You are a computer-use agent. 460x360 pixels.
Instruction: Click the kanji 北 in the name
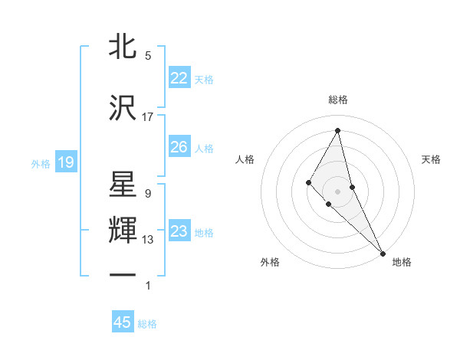(123, 47)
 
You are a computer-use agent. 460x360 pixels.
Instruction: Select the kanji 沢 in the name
(123, 109)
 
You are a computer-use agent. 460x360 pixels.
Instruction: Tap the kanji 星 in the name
(123, 186)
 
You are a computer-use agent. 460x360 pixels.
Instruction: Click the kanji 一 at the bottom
(123, 276)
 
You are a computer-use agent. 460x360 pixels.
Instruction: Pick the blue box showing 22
(179, 78)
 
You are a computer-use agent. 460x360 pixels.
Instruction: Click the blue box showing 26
(179, 147)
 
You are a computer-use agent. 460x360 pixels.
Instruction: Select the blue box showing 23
(179, 231)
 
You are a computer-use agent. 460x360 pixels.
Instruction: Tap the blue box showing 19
(65, 162)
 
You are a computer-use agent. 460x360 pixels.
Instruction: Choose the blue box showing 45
(123, 323)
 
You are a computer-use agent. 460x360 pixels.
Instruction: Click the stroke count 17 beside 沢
(148, 116)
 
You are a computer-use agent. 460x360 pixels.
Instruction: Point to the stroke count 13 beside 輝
(148, 240)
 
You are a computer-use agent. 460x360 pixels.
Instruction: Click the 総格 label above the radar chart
(338, 100)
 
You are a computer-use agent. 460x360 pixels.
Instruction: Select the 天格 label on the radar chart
(431, 159)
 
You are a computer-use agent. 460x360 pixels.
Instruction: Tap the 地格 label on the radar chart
(402, 262)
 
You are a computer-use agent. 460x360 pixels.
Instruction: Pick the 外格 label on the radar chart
(270, 262)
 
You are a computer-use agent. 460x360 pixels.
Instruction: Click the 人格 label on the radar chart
(245, 159)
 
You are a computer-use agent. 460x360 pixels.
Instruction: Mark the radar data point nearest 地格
(383, 253)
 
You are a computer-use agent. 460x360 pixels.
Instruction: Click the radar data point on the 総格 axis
(338, 130)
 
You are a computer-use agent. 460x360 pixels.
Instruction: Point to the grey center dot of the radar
(338, 191)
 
